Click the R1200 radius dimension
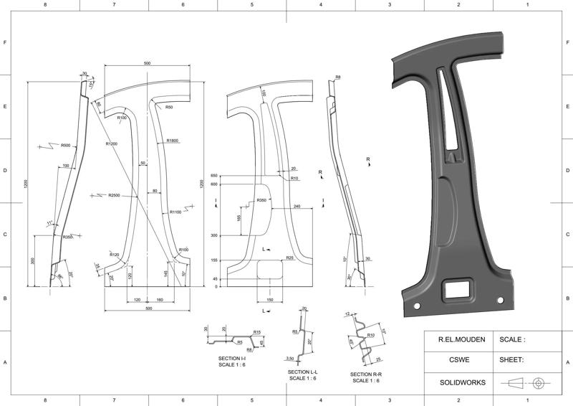[x=111, y=144]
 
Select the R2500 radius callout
[x=114, y=195]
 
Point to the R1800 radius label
[x=173, y=141]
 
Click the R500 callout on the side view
[x=65, y=146]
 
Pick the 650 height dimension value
[x=213, y=176]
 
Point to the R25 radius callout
[x=290, y=258]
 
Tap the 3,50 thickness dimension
[x=290, y=357]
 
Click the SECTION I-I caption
[x=232, y=358]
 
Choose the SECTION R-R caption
[x=365, y=374]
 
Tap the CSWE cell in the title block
[x=455, y=361]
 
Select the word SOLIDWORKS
[x=455, y=382]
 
